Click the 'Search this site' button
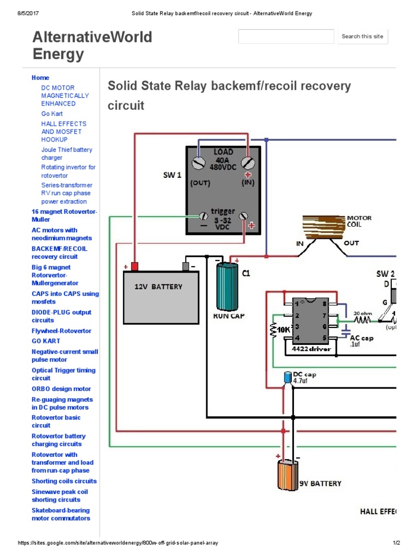(x=362, y=36)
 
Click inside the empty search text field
(x=286, y=36)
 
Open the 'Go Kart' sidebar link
(x=52, y=114)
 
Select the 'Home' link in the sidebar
(x=40, y=78)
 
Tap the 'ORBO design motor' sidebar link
(x=62, y=389)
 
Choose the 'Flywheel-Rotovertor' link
(x=62, y=331)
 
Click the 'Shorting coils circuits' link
(x=64, y=481)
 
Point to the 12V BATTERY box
(x=161, y=296)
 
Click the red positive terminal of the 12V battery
(x=134, y=267)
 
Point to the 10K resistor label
(x=283, y=330)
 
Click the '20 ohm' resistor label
(x=364, y=313)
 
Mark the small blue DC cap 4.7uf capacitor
(x=287, y=377)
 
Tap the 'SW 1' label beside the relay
(x=172, y=175)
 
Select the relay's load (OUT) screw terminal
(x=200, y=163)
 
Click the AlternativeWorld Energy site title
(x=92, y=45)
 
